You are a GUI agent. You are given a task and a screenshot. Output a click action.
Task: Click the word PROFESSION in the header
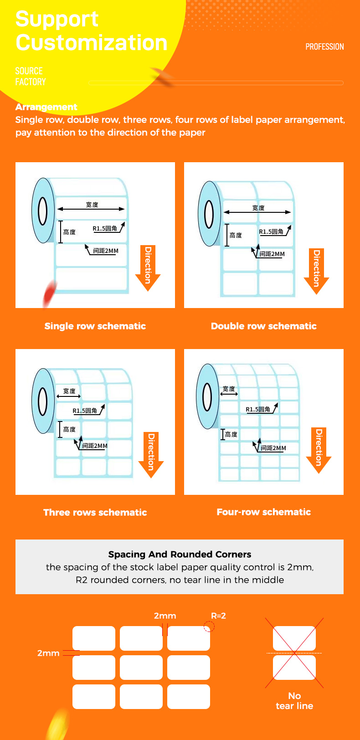(324, 46)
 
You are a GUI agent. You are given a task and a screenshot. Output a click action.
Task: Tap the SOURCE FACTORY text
(30, 77)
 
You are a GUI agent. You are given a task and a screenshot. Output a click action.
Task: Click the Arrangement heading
(46, 107)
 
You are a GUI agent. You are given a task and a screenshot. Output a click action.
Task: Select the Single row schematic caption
(95, 326)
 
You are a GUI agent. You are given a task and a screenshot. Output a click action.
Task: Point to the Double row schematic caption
(263, 326)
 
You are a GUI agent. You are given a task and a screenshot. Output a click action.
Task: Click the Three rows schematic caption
(95, 512)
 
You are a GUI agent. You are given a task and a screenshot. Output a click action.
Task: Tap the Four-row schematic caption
(263, 512)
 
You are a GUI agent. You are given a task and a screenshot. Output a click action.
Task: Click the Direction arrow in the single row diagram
(148, 268)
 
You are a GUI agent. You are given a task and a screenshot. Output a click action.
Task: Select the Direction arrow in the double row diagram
(316, 271)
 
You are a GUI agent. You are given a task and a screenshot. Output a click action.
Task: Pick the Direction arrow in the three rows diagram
(151, 454)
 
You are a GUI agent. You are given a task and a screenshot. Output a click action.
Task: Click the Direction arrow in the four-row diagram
(319, 450)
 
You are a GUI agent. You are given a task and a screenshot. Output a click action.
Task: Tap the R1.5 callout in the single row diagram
(105, 228)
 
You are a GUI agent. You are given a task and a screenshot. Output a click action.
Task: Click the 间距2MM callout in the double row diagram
(272, 254)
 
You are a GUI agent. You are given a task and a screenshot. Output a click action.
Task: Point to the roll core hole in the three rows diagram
(43, 401)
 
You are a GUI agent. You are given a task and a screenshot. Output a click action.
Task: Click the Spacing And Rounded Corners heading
(180, 554)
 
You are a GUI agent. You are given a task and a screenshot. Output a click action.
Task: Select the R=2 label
(218, 616)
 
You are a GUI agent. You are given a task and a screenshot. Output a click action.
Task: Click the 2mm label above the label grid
(165, 616)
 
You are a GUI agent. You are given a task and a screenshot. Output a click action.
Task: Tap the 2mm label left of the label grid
(48, 653)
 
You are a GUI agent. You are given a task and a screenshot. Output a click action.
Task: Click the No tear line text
(294, 701)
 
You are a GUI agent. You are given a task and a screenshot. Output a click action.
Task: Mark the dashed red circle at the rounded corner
(209, 627)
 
